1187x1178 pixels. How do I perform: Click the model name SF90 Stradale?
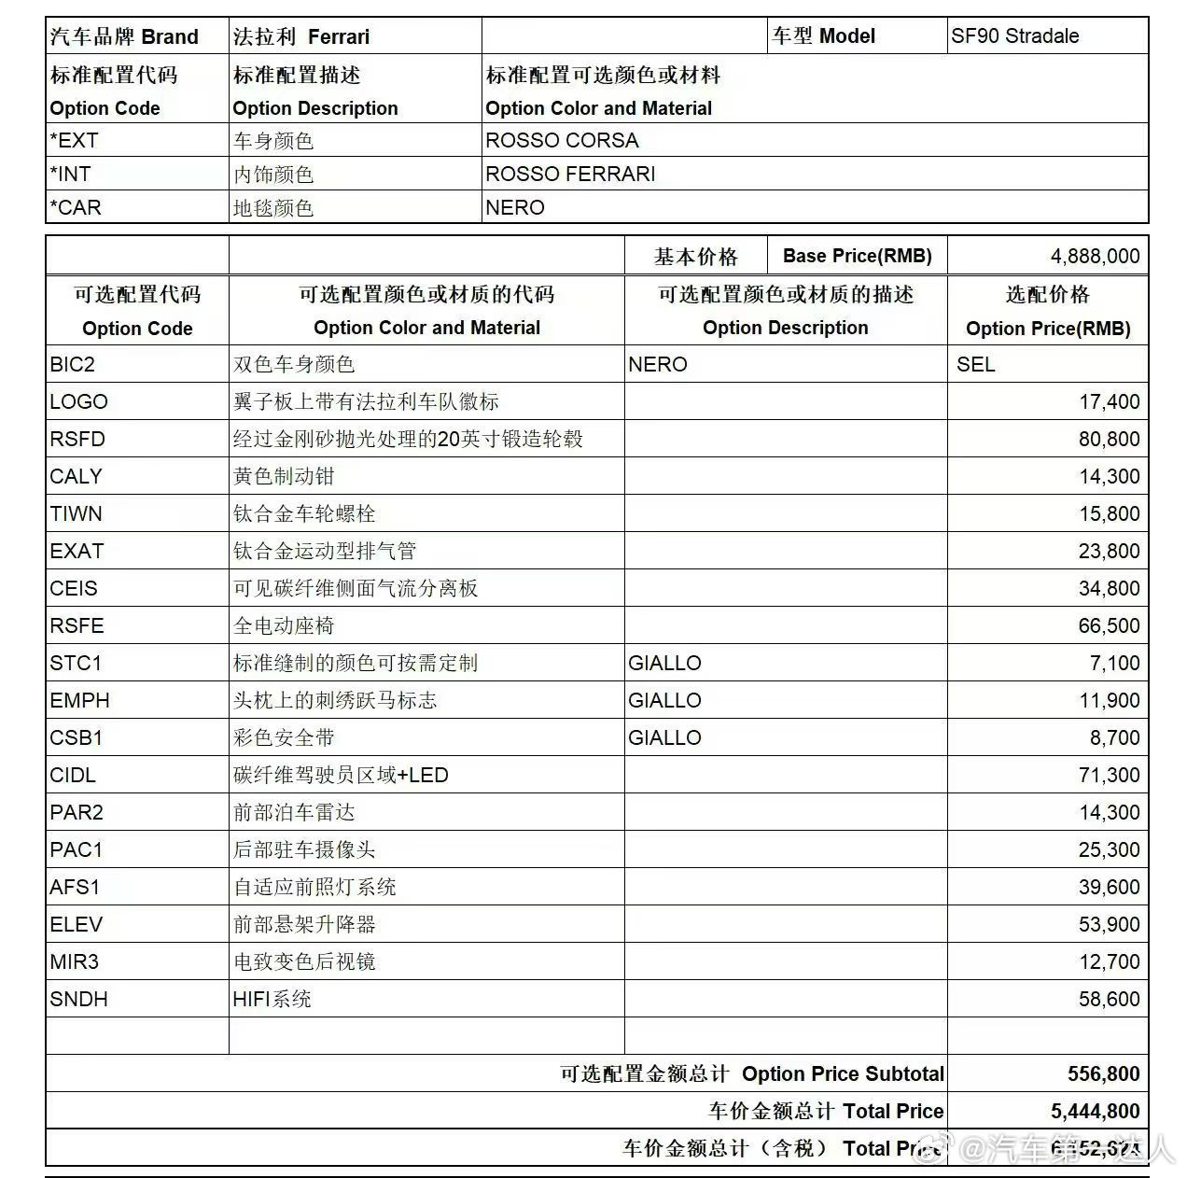1014,36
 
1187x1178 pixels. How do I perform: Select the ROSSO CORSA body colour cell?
562,140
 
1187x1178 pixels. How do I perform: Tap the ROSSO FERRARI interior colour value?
570,174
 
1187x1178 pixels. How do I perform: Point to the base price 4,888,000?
1095,256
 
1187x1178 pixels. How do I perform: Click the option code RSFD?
77,439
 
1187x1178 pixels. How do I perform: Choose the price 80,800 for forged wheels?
1109,439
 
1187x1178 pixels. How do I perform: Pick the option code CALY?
76,476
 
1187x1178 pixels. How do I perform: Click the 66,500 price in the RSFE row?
1109,625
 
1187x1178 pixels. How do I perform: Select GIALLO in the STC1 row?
664,663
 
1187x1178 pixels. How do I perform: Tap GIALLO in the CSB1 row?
664,737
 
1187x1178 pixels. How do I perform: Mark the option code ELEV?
77,924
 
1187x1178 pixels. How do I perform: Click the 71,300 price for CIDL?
1109,775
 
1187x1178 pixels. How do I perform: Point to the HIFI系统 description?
272,999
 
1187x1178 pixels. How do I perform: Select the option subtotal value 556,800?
1103,1073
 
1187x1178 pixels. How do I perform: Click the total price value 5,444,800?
1095,1111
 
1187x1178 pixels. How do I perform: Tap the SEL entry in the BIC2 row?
975,364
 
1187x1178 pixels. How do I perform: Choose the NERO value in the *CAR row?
514,207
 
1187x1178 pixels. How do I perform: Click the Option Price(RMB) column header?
1048,328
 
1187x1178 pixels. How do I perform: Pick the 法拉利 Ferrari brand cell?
301,36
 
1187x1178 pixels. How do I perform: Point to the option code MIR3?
75,961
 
